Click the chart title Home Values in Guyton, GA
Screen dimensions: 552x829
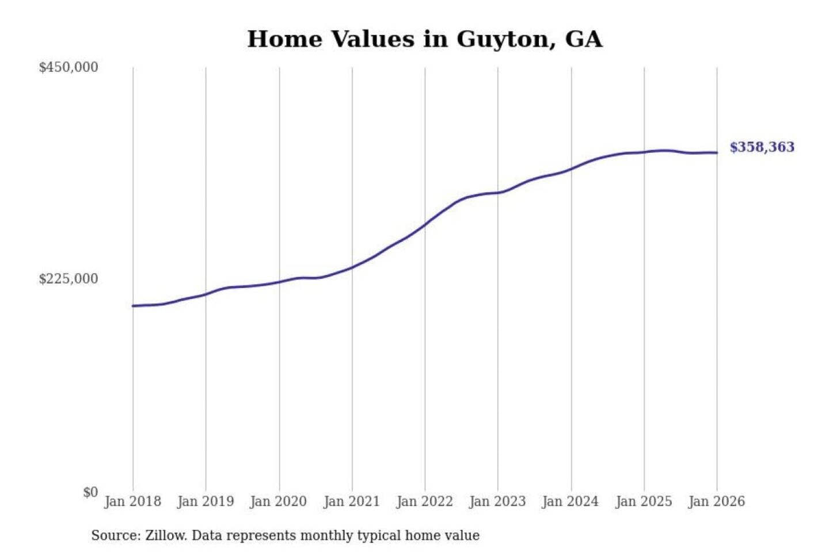click(x=425, y=39)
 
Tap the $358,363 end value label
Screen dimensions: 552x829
click(x=762, y=147)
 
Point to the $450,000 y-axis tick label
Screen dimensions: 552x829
click(x=69, y=67)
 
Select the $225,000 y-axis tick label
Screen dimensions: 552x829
click(x=69, y=279)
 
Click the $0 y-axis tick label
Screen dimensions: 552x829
click(x=90, y=492)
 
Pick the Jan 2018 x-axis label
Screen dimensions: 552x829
click(x=132, y=501)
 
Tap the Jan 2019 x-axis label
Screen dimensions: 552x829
click(x=206, y=501)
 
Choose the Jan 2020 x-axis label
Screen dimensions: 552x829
click(x=279, y=501)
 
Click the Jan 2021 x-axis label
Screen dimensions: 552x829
click(x=352, y=501)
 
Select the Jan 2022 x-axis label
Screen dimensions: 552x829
click(x=425, y=501)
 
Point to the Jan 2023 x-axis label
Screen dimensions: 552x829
click(x=498, y=501)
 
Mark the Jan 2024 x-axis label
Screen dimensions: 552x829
click(x=571, y=501)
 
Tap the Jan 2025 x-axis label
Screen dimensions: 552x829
click(x=644, y=501)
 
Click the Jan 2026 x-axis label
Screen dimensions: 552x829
click(x=717, y=501)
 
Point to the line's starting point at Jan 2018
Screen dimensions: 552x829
click(x=133, y=306)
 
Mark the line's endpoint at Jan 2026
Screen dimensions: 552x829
click(x=717, y=152)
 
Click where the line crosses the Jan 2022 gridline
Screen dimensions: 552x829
click(x=425, y=224)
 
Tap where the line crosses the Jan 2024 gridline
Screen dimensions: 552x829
click(x=572, y=168)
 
